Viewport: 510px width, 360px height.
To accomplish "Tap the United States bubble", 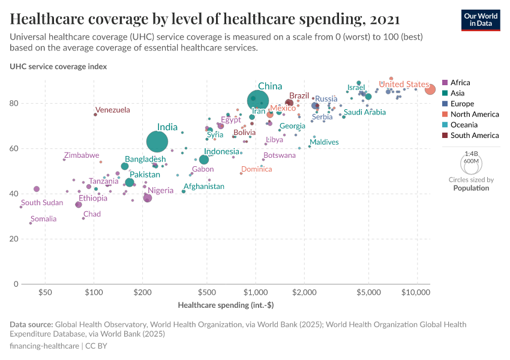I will [430, 89].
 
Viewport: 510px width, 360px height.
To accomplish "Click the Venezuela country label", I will [112, 110].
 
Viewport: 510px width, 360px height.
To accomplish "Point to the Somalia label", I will [43, 219].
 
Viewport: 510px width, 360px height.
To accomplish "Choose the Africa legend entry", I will [460, 83].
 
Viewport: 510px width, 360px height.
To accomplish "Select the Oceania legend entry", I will [464, 125].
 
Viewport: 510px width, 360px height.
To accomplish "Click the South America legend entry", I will [474, 136].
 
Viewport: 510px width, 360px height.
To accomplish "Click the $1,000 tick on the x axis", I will [256, 292].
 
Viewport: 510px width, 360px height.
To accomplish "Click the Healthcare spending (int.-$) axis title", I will [226, 305].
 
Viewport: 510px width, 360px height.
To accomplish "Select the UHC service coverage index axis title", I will [58, 67].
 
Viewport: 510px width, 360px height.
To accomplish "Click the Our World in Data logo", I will [481, 19].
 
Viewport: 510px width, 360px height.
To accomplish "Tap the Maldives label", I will [324, 142].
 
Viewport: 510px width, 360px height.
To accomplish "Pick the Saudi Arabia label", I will [364, 112].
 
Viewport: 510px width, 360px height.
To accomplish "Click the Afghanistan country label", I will [203, 187].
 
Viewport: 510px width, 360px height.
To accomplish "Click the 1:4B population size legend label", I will [470, 154].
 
